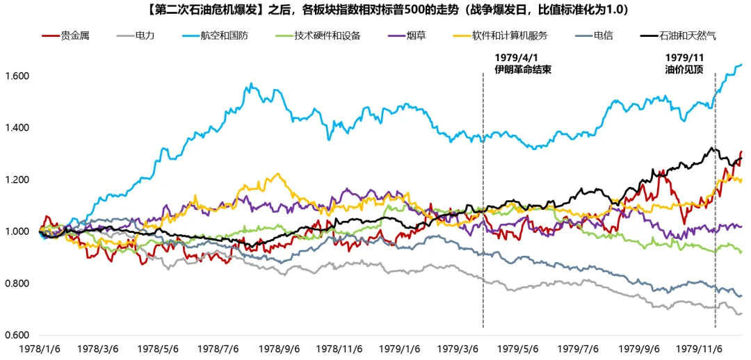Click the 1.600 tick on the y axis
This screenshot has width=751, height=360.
(x=15, y=76)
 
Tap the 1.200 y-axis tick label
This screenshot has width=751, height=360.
(x=15, y=180)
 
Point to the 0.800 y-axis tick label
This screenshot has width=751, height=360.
(x=15, y=284)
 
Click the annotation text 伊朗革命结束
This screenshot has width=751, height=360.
(x=523, y=69)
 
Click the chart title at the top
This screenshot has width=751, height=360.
(x=375, y=10)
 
